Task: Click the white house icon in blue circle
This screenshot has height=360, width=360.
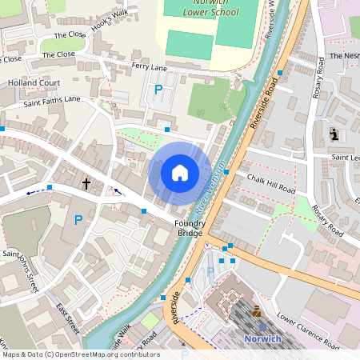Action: (180, 172)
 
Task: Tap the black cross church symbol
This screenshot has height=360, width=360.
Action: (86, 184)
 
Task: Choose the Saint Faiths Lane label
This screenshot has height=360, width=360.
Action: (52, 100)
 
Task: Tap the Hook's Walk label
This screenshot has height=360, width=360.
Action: (109, 15)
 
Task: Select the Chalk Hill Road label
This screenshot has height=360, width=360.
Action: (271, 185)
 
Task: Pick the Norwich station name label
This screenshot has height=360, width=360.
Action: (261, 338)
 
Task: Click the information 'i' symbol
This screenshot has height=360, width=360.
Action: (334, 134)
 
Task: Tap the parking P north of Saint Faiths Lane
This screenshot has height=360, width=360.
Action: (158, 90)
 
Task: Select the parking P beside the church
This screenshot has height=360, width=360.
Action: (78, 220)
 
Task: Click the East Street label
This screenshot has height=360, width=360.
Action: (68, 319)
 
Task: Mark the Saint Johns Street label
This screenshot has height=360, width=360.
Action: (20, 270)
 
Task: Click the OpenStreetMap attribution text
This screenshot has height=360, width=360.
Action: (80, 354)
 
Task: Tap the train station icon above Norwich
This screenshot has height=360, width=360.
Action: (256, 312)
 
